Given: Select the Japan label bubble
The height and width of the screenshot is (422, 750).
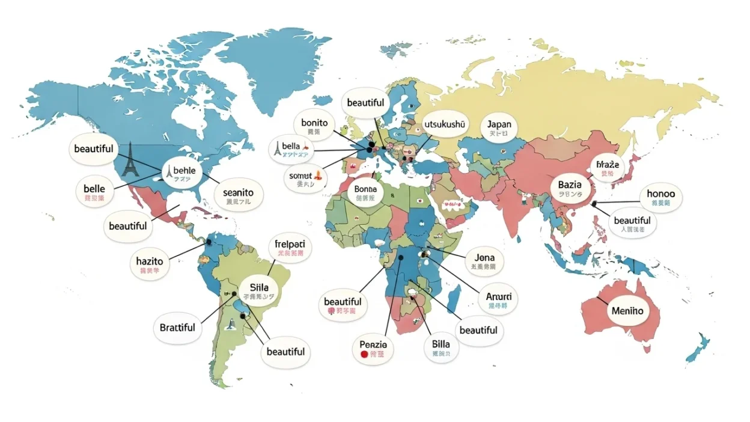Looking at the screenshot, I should click(x=499, y=129).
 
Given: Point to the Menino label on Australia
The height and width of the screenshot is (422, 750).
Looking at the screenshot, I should click(x=627, y=311).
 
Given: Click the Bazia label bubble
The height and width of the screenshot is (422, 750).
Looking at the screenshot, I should click(x=570, y=188).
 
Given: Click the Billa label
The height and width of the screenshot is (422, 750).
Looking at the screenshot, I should click(x=445, y=349).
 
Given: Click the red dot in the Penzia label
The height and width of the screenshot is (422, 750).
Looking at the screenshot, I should click(x=364, y=355).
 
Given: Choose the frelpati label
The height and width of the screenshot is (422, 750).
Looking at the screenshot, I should click(x=290, y=248).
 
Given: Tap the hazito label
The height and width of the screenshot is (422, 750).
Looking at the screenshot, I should click(x=150, y=265).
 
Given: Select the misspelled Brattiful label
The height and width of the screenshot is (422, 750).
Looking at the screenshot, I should click(x=177, y=328).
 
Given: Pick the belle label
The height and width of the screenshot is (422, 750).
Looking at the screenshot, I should click(x=94, y=193).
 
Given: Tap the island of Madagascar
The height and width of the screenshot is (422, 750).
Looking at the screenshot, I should click(x=454, y=299).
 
